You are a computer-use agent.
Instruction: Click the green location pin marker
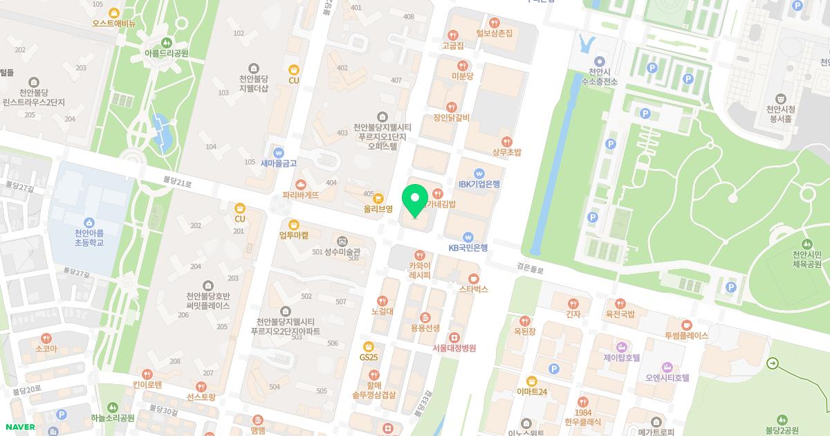pos(415,200)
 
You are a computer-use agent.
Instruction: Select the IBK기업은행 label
pos(479,184)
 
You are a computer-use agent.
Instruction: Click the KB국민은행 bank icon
pos(468,236)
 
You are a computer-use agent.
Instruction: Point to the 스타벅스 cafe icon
pos(474,278)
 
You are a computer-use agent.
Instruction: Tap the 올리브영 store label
pos(378,208)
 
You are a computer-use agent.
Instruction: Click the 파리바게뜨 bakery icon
pos(301,184)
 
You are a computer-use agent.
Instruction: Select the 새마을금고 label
pos(279,163)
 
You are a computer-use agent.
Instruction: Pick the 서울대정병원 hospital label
pos(454,348)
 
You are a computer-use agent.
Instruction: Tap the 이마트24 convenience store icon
pos(531,381)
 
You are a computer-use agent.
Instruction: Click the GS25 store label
pos(369,357)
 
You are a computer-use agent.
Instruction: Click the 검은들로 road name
pos(531,266)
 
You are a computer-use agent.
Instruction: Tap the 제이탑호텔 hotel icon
pos(621,346)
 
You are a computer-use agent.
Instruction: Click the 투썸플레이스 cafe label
pos(686,336)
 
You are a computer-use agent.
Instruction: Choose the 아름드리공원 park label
pos(166,53)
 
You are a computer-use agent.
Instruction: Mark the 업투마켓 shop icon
pos(294,224)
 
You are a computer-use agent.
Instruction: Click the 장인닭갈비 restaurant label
pos(452,118)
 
